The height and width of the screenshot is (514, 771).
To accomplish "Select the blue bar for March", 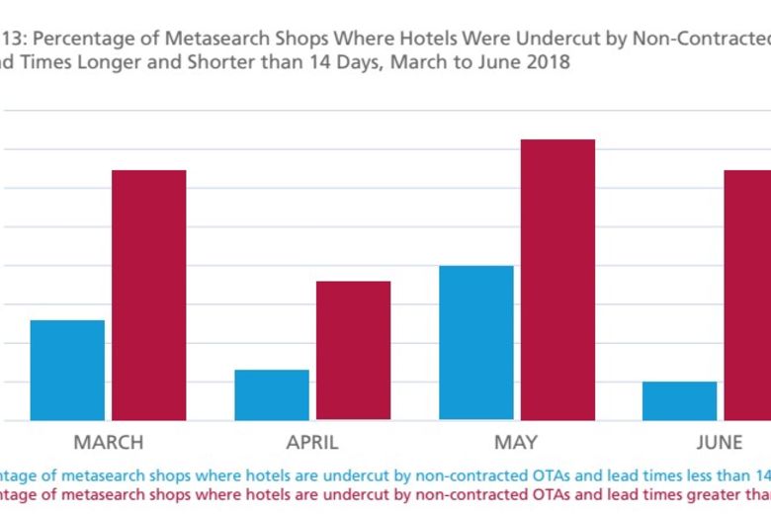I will (x=67, y=371).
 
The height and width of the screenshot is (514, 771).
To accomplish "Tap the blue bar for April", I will (x=272, y=395).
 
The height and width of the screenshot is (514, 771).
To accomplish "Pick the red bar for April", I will (x=353, y=351).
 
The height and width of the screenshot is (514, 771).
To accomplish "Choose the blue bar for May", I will (x=475, y=343).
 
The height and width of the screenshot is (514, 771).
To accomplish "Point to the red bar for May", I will (x=557, y=280).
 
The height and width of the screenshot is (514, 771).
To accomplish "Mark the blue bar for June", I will (x=679, y=400).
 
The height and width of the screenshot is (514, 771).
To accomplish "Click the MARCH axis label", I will (x=108, y=442).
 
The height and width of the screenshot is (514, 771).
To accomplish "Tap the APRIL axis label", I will (x=312, y=442).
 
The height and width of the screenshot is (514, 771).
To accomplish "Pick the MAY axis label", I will (x=516, y=442).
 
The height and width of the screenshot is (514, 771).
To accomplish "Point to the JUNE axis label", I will (x=721, y=442).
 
